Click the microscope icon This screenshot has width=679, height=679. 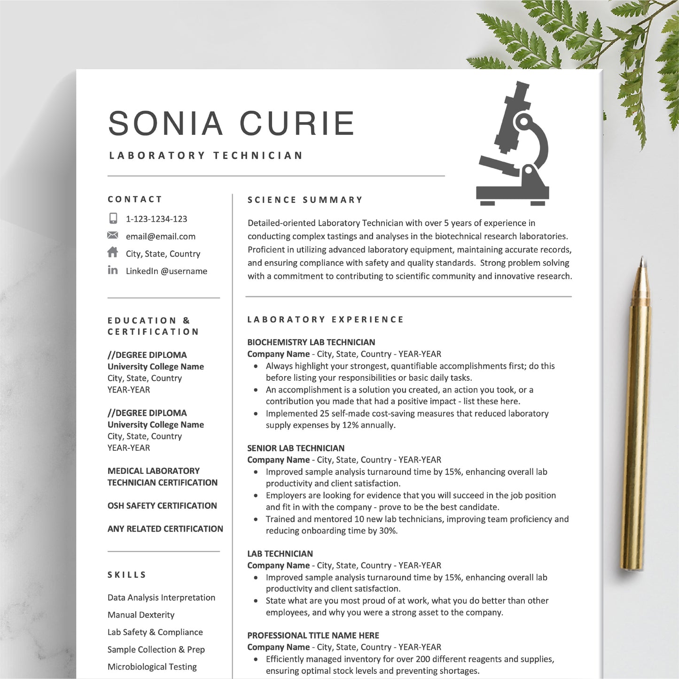coord(514,146)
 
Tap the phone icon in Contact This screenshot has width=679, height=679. coord(113,218)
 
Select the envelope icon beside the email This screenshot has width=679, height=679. coord(113,235)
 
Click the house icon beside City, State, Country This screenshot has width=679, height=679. coord(113,253)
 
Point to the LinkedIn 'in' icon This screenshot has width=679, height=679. coord(113,270)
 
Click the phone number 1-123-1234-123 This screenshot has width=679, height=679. coord(156,219)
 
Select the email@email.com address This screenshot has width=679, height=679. coord(161,237)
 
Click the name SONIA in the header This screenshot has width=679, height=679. coord(165,123)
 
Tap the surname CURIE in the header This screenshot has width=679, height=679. coord(297,123)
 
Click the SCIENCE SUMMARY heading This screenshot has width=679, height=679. coord(305,200)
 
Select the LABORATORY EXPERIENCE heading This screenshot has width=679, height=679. coord(325,320)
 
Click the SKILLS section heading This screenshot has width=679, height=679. coord(127,575)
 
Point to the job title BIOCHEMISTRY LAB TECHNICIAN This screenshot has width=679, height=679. coord(311,342)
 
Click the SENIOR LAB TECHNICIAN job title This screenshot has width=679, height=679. coord(296,448)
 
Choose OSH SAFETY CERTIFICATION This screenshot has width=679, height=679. coord(162,506)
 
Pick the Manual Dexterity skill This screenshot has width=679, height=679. coord(141,615)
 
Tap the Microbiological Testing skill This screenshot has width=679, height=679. coord(152,667)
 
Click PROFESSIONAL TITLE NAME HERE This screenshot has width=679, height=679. coord(313,635)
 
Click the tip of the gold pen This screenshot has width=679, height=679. coord(642,260)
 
